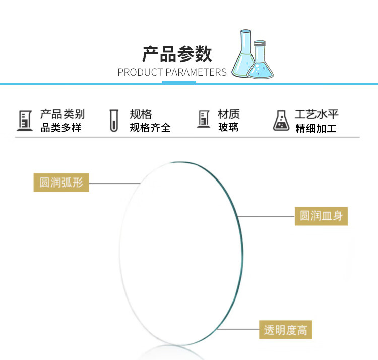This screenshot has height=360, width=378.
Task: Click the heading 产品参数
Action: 177,54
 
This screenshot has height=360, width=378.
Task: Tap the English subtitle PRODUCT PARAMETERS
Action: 172,72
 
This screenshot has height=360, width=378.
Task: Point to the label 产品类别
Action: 62,114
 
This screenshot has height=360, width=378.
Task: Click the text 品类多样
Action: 61,128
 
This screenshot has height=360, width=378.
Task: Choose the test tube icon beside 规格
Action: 114,121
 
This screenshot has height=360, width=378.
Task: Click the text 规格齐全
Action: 150,128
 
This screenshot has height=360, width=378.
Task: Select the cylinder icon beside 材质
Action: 203,119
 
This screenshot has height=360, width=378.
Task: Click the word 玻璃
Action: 228,128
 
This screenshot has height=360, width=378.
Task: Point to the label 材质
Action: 228,114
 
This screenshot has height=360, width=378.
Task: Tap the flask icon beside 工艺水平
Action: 281,121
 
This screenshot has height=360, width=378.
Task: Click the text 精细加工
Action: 316,128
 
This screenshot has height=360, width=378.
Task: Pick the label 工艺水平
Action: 317,115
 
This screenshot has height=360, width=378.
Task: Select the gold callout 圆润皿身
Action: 322,216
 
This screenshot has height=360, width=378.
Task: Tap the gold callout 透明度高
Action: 285,330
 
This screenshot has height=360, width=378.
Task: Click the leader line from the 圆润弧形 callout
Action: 114,183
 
